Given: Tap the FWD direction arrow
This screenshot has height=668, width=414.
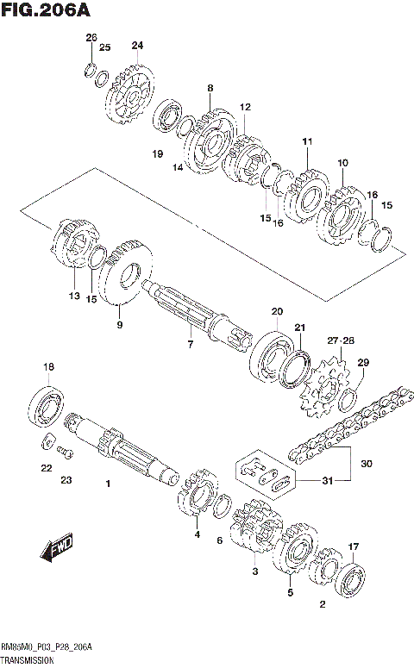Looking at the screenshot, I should [58, 546].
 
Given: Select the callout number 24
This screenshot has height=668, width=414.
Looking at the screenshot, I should [137, 45].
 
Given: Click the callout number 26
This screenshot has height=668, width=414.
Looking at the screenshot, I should [91, 37].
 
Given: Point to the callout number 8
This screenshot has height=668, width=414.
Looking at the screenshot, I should [210, 88].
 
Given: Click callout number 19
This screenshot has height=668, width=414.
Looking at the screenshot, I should [158, 154].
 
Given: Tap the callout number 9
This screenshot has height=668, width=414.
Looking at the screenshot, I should [120, 325].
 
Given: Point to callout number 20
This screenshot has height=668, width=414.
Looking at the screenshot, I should [276, 311].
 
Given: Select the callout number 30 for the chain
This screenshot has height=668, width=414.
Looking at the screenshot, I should [367, 464].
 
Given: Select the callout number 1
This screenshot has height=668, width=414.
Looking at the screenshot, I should [109, 484].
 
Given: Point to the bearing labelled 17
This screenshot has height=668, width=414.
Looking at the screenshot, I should [351, 579].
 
